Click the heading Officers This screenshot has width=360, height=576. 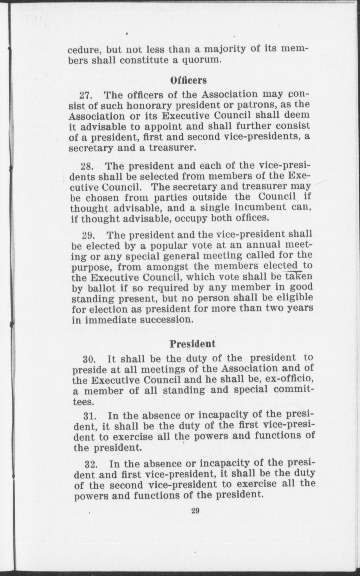(188, 80)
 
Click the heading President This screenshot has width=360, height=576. (193, 344)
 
